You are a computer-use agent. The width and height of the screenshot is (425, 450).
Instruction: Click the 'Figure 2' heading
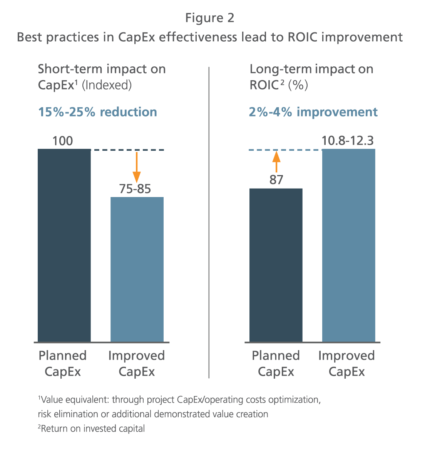point(210,18)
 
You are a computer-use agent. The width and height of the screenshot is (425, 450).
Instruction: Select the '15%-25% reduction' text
point(97,112)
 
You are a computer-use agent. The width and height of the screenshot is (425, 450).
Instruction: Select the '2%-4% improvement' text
point(313,112)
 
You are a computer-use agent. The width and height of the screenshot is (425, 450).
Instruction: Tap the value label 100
point(62,141)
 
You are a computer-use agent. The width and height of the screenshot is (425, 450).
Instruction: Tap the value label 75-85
point(135,189)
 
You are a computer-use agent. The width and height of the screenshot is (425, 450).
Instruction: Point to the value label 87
point(276,180)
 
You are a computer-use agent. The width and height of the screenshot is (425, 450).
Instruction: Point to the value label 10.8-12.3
point(348,141)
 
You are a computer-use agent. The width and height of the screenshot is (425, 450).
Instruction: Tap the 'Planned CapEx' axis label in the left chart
point(63,363)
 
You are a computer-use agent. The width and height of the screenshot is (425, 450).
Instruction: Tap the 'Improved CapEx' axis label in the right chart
point(346,363)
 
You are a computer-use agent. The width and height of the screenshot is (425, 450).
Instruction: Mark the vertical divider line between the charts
point(209,222)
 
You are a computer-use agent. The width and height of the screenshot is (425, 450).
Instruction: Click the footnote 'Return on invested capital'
point(92,428)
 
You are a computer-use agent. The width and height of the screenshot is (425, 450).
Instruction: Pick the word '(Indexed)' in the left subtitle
point(107,85)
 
